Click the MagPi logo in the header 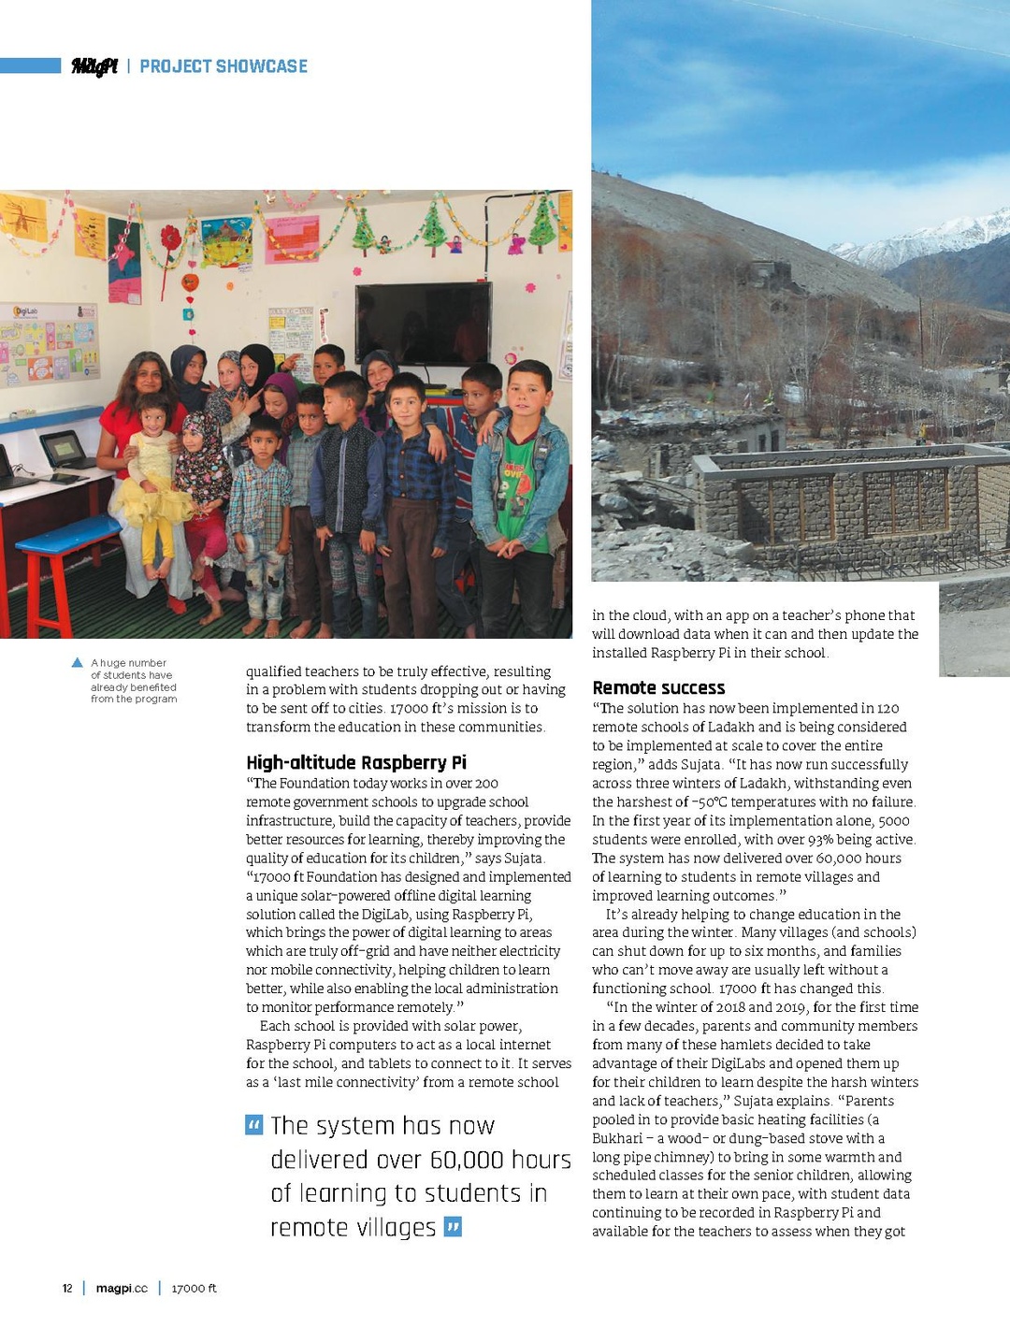94,66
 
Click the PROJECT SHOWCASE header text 224,66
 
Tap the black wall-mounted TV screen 424,324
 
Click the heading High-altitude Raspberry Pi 356,762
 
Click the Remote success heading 658,687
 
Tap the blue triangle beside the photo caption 77,662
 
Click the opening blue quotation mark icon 253,1124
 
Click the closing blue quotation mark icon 453,1226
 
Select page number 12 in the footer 67,1288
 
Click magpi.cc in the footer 122,1288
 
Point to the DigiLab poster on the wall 50,342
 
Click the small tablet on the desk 62,448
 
